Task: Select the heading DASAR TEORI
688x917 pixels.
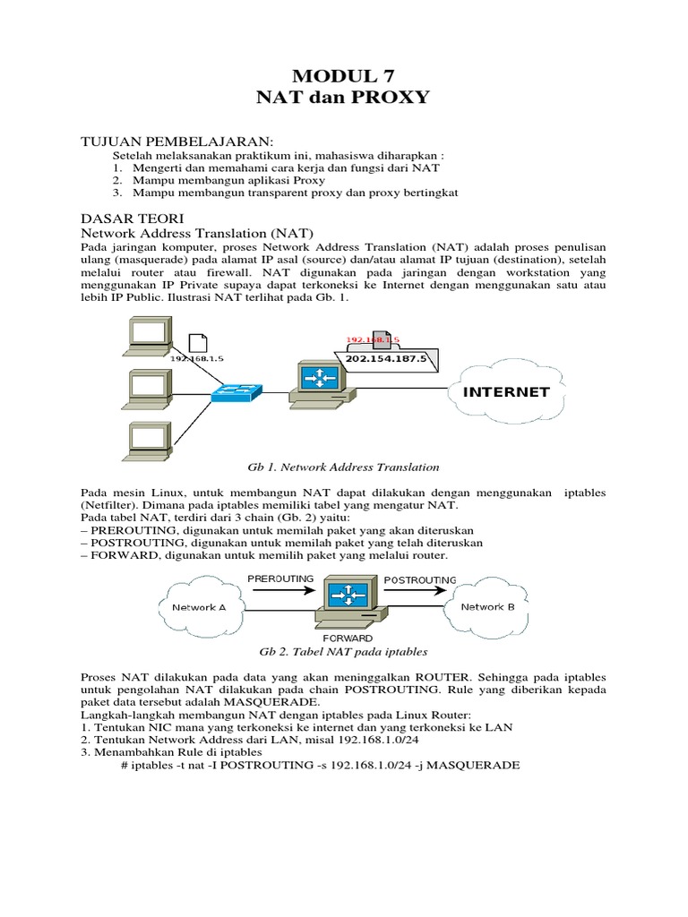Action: point(132,218)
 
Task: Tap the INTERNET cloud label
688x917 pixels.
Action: point(506,392)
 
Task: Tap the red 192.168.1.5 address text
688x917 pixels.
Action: point(372,340)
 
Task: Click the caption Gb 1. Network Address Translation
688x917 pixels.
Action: point(343,467)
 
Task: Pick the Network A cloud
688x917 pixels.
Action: point(199,607)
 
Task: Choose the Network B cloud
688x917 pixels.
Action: point(487,607)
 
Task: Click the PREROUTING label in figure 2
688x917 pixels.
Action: point(280,578)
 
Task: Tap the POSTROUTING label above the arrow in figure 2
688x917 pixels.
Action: point(419,579)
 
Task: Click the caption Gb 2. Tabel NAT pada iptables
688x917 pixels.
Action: point(343,652)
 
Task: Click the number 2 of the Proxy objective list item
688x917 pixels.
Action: point(116,179)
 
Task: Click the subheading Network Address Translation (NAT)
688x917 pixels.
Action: point(197,233)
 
